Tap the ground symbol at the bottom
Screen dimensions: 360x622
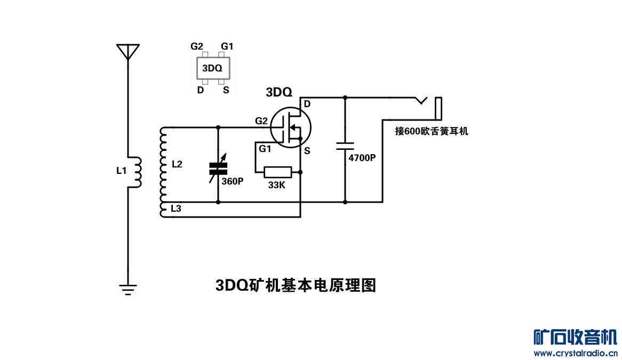(128, 289)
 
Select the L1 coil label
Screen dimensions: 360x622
(122, 171)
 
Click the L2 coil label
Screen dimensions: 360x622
(177, 165)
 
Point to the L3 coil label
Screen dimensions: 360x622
(176, 209)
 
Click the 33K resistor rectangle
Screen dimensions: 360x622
(278, 172)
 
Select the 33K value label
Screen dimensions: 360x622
(277, 185)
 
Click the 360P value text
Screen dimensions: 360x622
(233, 181)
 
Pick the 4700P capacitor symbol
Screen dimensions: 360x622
(345, 145)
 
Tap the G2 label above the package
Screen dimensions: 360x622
(197, 46)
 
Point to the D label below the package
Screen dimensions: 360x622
(201, 90)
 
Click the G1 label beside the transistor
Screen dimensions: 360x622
(265, 149)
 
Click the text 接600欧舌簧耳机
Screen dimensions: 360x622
(432, 131)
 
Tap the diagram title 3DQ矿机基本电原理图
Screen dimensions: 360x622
(296, 285)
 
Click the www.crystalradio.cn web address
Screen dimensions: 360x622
(576, 353)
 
